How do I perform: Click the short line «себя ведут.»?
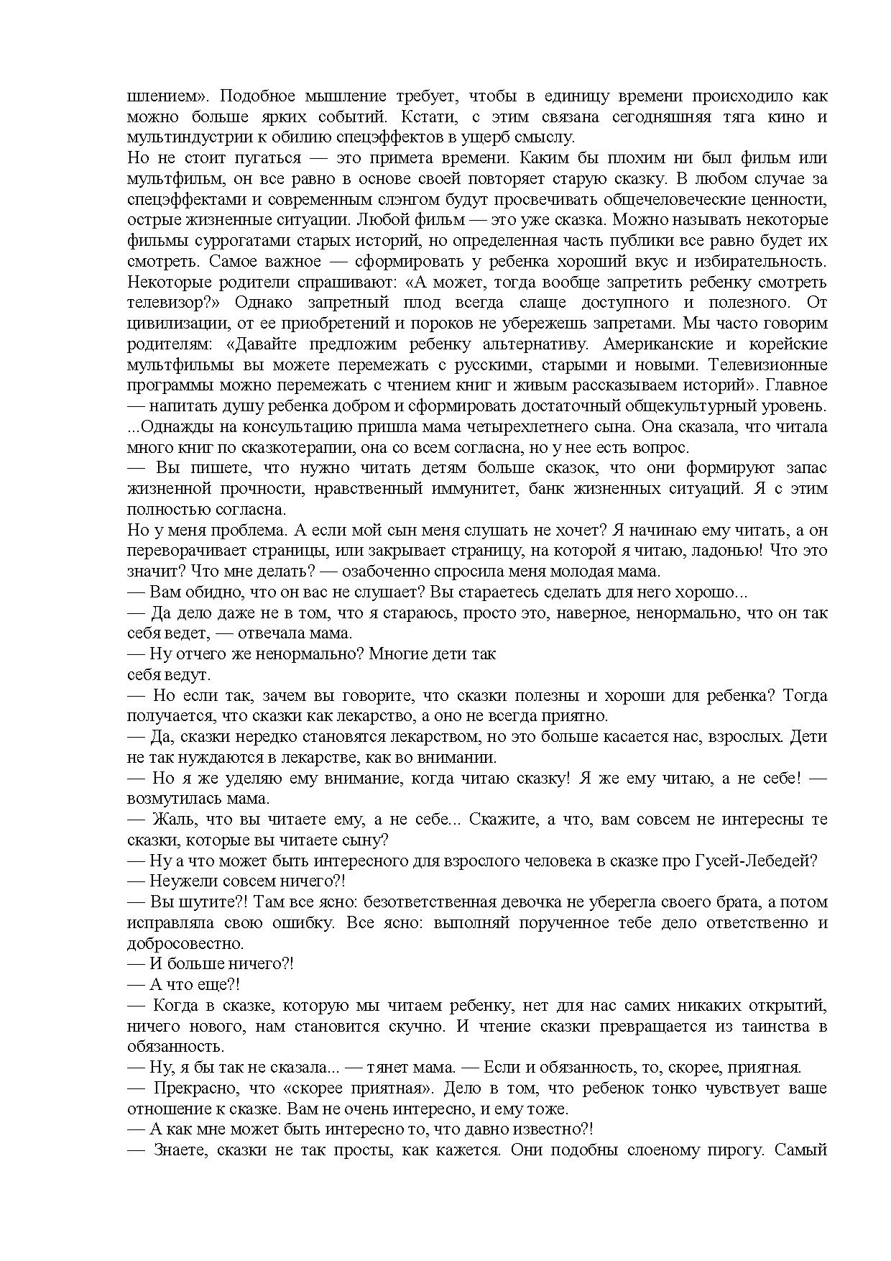pos(168,676)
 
